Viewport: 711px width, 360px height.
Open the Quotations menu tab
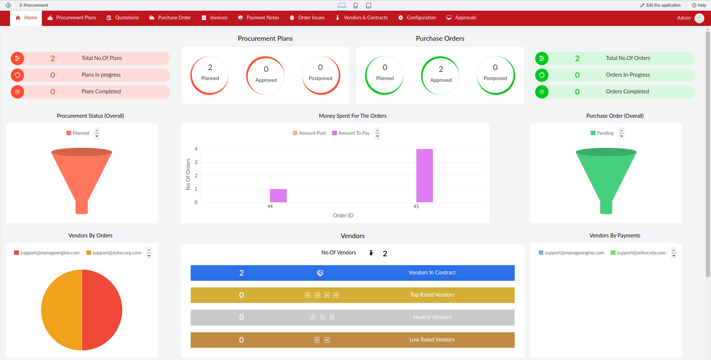(123, 18)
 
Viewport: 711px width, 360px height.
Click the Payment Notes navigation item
(258, 18)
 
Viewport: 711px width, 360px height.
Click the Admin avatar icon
(699, 18)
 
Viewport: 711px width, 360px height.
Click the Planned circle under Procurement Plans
(210, 75)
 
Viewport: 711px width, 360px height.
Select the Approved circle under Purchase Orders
(441, 75)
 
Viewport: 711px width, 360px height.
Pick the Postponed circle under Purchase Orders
(495, 75)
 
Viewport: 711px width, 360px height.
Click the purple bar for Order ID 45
(424, 176)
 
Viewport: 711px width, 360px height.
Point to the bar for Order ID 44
(278, 196)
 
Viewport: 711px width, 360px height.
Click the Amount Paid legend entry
(309, 133)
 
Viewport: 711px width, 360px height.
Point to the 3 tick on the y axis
(196, 162)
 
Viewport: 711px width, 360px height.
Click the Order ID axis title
(343, 216)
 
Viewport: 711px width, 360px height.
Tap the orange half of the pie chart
(61, 310)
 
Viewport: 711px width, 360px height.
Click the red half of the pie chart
(102, 310)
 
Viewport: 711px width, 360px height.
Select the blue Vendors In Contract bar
(352, 273)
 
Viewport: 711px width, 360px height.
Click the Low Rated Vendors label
(432, 340)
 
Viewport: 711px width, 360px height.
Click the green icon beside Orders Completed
(541, 92)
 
